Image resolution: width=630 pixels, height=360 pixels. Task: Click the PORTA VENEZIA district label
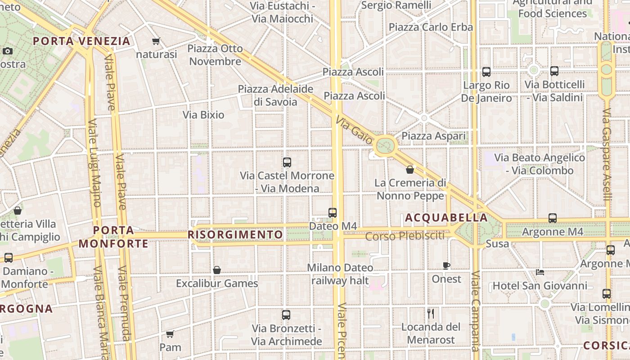coord(81,41)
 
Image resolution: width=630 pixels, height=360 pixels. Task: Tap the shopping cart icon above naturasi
coord(156,41)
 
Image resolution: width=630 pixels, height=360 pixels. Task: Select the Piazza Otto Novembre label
coord(216,55)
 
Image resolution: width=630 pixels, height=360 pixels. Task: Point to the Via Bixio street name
coord(203,115)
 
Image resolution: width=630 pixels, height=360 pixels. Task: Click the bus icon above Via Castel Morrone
coord(287,162)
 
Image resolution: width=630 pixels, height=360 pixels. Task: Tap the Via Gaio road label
coord(355,129)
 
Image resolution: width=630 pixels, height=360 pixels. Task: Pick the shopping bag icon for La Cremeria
coord(410,170)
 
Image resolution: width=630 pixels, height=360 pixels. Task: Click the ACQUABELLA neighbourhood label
coord(446,218)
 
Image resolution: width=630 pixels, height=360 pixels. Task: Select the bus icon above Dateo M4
coord(333,213)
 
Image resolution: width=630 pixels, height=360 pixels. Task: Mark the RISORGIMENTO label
coord(235,235)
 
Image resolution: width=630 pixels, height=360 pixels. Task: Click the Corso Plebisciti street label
coord(405,236)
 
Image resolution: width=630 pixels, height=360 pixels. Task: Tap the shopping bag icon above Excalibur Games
coord(217,270)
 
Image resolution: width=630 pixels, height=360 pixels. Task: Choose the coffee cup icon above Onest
coord(446,265)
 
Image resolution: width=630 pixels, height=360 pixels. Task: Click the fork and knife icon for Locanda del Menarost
coord(431,313)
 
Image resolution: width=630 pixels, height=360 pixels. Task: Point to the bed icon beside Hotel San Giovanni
coord(540,272)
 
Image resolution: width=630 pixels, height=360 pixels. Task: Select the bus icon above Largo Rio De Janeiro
coord(486,72)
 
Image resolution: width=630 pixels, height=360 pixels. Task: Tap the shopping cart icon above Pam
coord(170,334)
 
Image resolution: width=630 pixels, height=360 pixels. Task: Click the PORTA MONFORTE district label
coord(114,237)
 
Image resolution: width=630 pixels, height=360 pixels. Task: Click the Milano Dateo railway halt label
coord(340,274)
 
